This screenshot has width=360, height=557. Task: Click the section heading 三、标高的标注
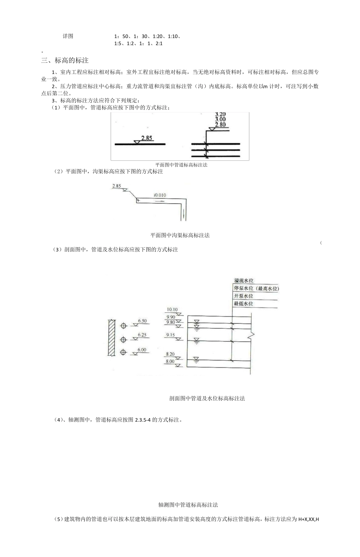65,60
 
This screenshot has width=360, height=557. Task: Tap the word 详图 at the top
68,36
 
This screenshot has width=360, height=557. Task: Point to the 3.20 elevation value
220,114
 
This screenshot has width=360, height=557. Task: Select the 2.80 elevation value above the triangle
220,125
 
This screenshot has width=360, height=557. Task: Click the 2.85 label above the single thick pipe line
146,138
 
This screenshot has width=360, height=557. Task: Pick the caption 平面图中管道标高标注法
181,165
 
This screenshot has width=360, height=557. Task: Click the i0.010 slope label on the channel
160,195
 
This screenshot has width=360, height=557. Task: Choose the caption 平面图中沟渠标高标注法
180,235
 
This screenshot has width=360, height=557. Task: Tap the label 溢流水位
244,281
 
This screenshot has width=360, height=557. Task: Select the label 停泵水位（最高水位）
257,289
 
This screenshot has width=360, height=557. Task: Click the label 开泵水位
244,296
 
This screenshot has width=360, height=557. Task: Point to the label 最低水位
244,304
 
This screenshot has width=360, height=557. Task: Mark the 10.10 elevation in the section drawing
172,310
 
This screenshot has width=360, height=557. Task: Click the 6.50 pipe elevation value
142,321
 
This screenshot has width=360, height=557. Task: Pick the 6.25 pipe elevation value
142,335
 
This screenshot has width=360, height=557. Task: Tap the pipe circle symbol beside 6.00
123,352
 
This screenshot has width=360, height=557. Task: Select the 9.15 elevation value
170,335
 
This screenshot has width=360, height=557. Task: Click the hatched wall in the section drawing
111,337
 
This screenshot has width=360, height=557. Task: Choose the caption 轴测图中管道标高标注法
188,505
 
